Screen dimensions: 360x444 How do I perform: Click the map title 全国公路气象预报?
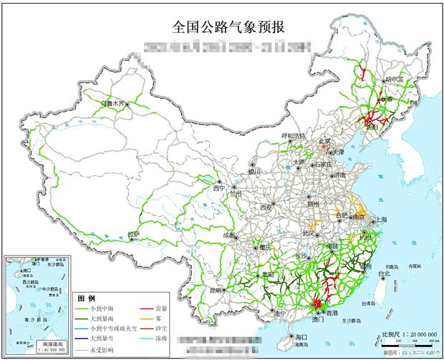point(228,28)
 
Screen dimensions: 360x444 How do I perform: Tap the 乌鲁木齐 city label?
point(117,102)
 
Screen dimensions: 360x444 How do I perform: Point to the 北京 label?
point(325,141)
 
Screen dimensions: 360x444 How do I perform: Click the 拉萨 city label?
point(134,234)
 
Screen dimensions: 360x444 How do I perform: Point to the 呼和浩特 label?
point(292,135)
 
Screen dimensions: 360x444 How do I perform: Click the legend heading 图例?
point(87,297)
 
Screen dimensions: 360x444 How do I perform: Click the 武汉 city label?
point(309,233)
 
